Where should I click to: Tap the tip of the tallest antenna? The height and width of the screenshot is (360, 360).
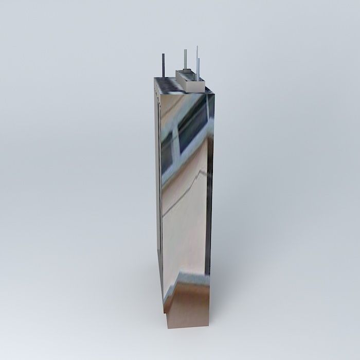[197, 47]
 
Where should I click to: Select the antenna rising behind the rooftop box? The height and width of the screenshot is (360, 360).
[185, 60]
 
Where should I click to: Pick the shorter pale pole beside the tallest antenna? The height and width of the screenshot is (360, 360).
[199, 69]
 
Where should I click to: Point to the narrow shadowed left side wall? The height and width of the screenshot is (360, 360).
[158, 206]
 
